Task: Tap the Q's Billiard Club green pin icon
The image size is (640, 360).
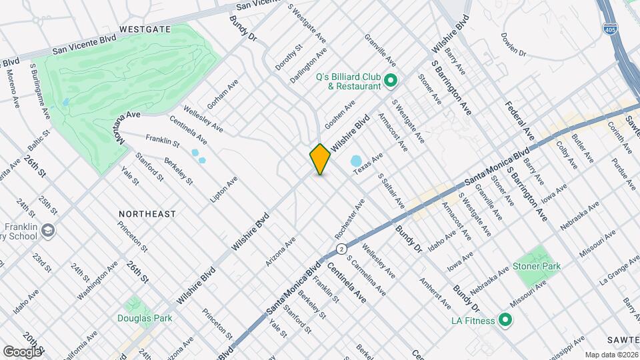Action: (391, 81)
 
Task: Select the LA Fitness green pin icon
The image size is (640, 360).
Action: (505, 321)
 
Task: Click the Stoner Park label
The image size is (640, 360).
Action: (537, 266)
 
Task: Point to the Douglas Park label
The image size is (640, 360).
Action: (145, 318)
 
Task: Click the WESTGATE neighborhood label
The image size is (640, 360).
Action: (145, 29)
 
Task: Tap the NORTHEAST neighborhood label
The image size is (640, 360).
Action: (147, 214)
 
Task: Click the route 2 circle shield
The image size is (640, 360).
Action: (342, 249)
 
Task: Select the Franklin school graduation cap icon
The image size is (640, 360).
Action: (49, 230)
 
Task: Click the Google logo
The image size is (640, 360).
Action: (22, 351)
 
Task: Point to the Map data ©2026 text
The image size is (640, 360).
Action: (611, 354)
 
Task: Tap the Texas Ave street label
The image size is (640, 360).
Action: (368, 165)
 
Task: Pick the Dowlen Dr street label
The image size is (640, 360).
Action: (513, 45)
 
